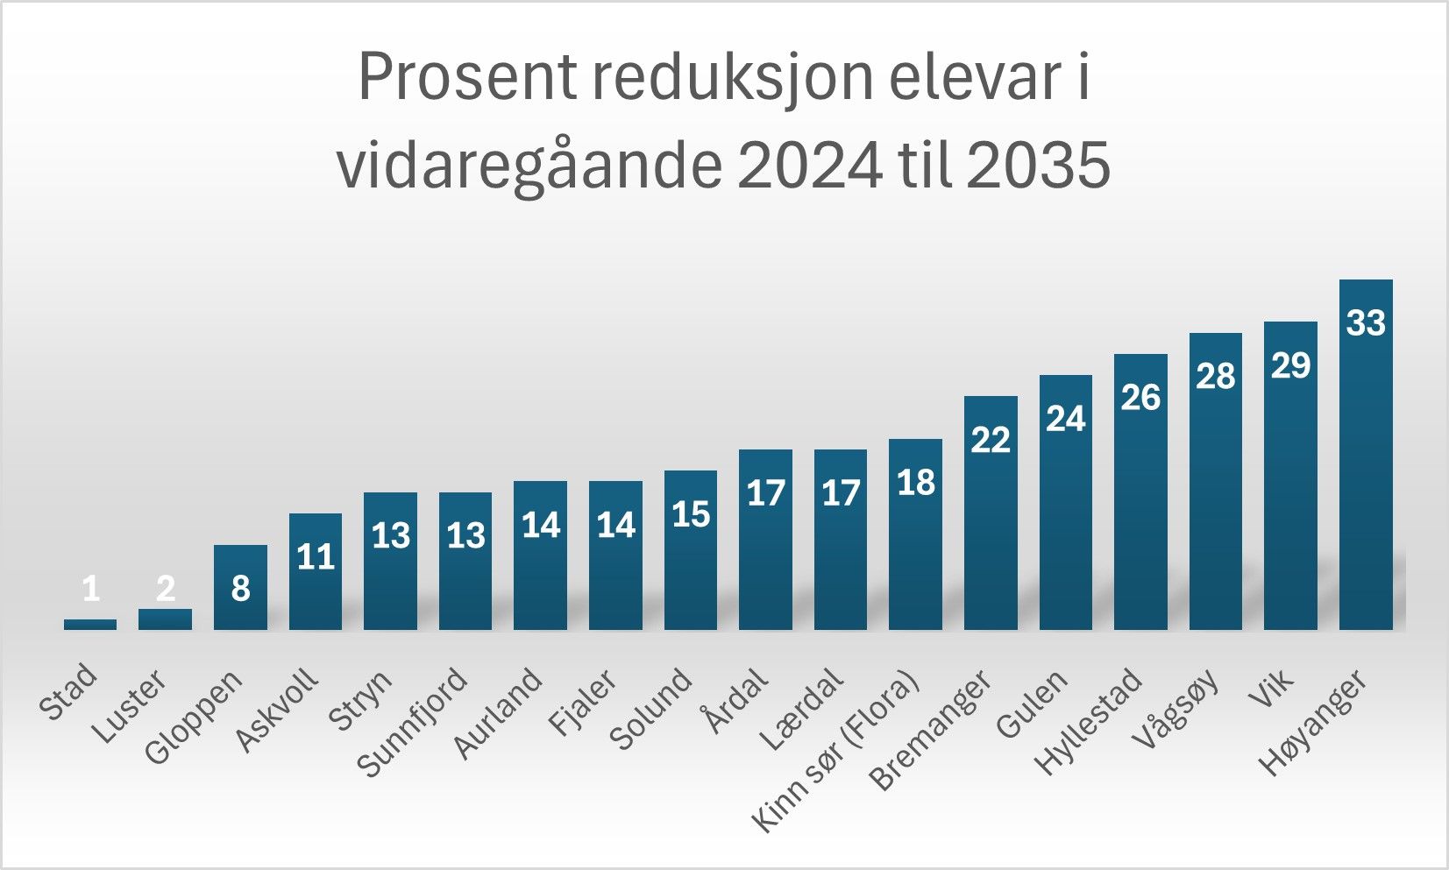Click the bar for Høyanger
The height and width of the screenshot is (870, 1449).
coord(1366,473)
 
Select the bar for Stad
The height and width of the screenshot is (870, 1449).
coord(90,625)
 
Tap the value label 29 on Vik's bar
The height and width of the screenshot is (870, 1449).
coord(1290,365)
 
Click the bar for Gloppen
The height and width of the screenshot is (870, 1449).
coord(240,605)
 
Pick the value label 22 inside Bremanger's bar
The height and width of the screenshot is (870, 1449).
coord(991,440)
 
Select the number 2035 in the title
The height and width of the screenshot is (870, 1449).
coord(1039,165)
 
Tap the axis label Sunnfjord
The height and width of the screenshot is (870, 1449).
coord(412,723)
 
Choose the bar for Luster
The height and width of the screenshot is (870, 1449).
coord(165,619)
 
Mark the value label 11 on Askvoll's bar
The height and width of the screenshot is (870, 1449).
coord(316,557)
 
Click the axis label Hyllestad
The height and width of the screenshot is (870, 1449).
coord(1089,721)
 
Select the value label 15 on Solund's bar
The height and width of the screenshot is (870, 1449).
coord(691,514)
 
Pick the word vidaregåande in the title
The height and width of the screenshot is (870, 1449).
coord(529,165)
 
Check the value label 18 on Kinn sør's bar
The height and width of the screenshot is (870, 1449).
coord(916,483)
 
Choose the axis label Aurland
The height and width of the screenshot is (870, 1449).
coord(498,713)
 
